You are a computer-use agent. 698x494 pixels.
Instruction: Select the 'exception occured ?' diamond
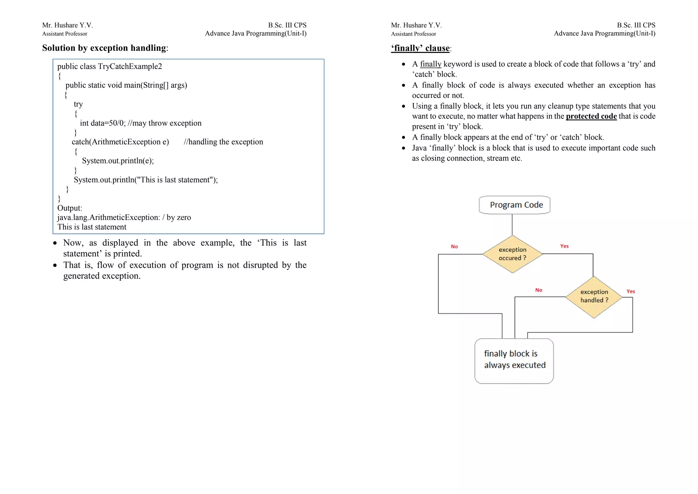click(512, 254)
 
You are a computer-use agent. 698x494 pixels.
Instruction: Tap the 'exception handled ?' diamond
click(594, 296)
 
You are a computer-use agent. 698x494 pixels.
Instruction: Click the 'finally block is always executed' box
click(514, 361)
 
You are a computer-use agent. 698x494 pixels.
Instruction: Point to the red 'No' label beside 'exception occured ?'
click(454, 246)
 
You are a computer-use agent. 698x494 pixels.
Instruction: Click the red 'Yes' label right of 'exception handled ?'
click(631, 291)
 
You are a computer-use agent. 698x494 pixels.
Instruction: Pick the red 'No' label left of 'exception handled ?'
click(538, 290)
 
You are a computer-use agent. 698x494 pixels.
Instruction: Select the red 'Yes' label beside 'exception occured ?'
click(564, 246)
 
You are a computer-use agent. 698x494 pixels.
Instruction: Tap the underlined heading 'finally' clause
click(421, 48)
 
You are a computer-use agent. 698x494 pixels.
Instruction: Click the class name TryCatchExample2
click(130, 66)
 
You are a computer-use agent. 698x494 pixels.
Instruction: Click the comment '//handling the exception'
click(223, 142)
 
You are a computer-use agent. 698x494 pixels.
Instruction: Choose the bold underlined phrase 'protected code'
click(591, 116)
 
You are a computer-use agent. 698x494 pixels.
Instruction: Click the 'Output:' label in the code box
click(70, 208)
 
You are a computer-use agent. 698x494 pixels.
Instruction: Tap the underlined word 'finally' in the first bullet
click(430, 64)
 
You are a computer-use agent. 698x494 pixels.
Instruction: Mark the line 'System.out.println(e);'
click(118, 161)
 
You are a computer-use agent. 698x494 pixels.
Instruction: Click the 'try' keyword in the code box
click(78, 104)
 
